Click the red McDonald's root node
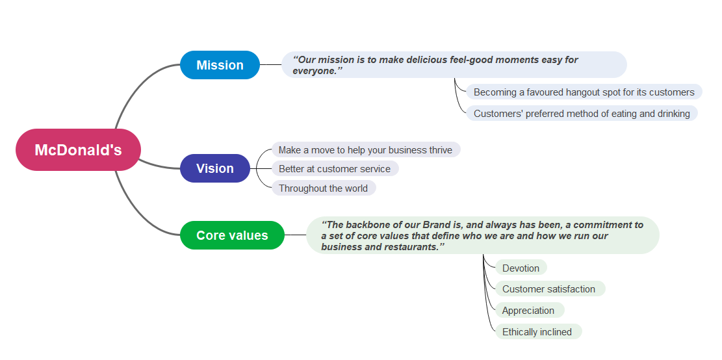tap(78, 150)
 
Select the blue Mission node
tap(220, 65)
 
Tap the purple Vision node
tap(214, 168)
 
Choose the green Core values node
tap(232, 235)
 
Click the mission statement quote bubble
tap(454, 65)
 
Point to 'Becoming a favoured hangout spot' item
tap(584, 92)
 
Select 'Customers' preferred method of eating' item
tap(582, 114)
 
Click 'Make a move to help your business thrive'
tap(365, 150)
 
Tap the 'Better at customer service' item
tap(335, 169)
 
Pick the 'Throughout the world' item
tap(323, 188)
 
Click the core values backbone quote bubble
tap(482, 235)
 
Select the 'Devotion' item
tap(521, 268)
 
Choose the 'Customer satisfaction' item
tap(548, 289)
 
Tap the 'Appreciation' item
tap(528, 311)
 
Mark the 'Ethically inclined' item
tap(537, 332)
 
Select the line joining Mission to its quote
tap(270, 65)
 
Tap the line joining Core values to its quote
tap(296, 235)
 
